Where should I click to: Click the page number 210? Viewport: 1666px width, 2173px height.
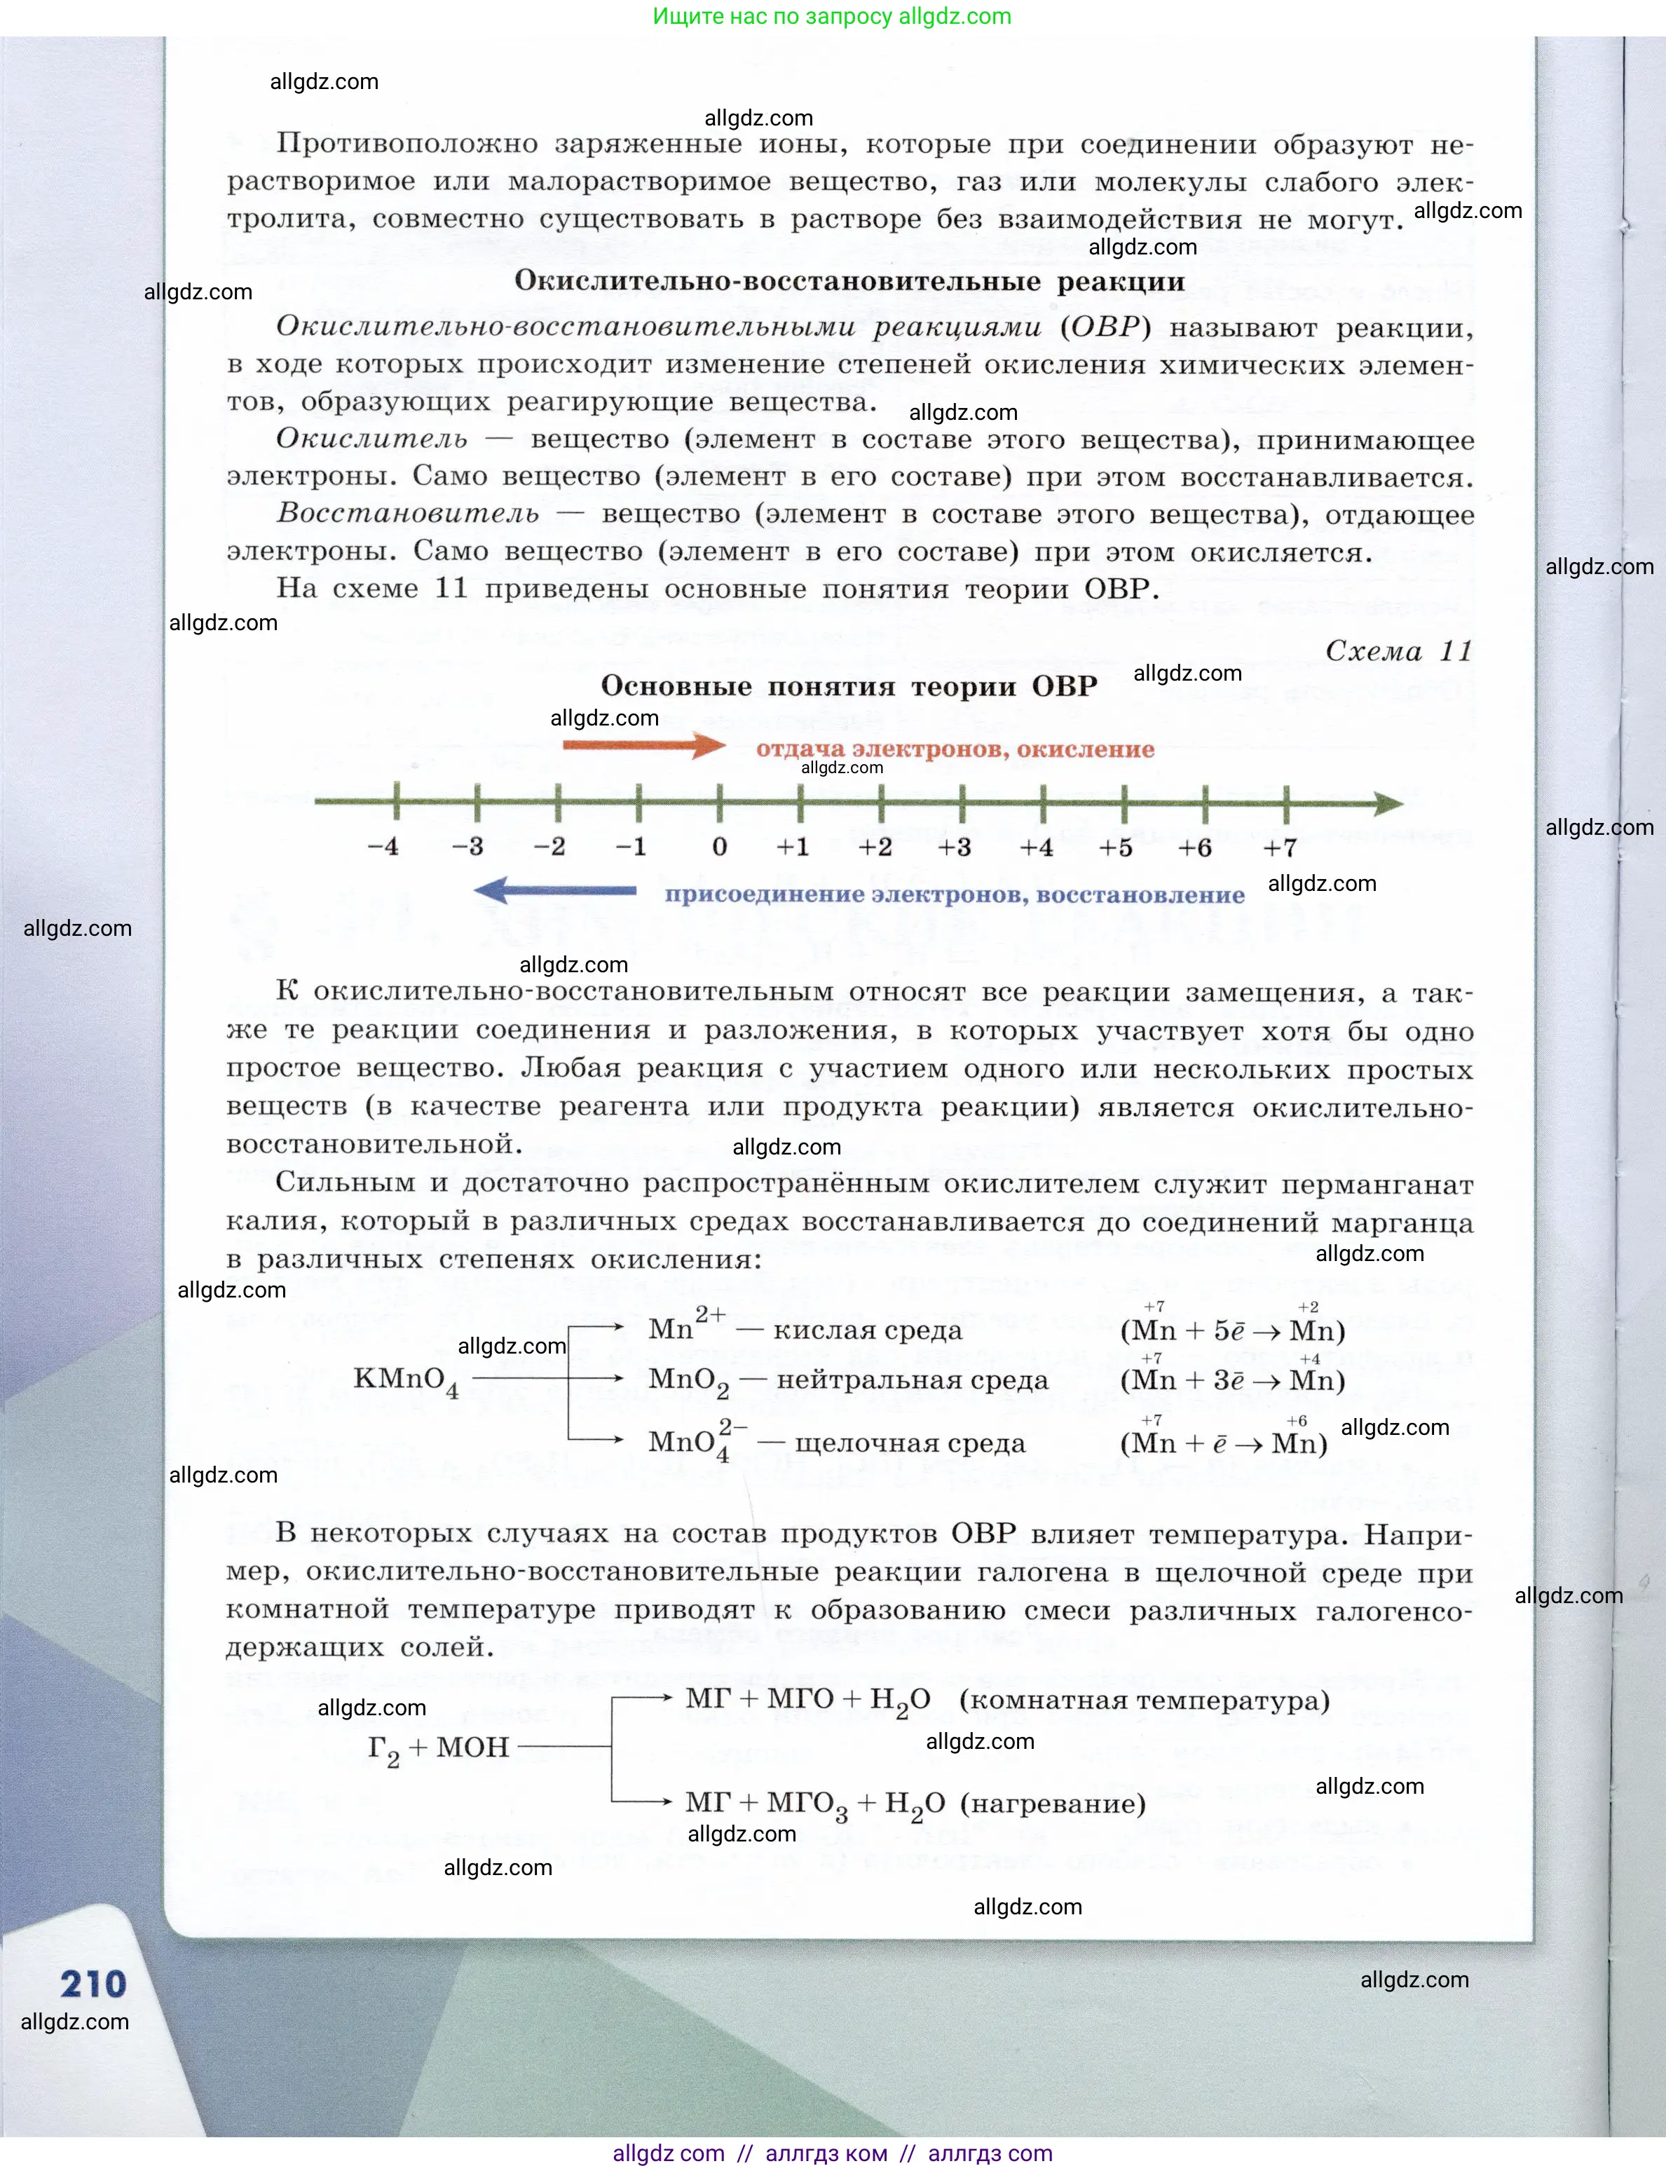click(93, 1982)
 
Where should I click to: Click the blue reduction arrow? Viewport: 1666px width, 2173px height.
click(555, 891)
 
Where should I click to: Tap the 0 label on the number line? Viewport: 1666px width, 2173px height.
click(719, 847)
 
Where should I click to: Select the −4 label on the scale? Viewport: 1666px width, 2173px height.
click(383, 847)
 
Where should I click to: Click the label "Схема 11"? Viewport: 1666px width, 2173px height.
click(1398, 650)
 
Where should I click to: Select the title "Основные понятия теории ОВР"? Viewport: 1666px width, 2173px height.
click(849, 686)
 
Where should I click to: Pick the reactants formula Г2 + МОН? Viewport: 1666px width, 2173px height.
click(438, 1748)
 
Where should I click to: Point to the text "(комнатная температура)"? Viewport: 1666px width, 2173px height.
click(1145, 1700)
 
